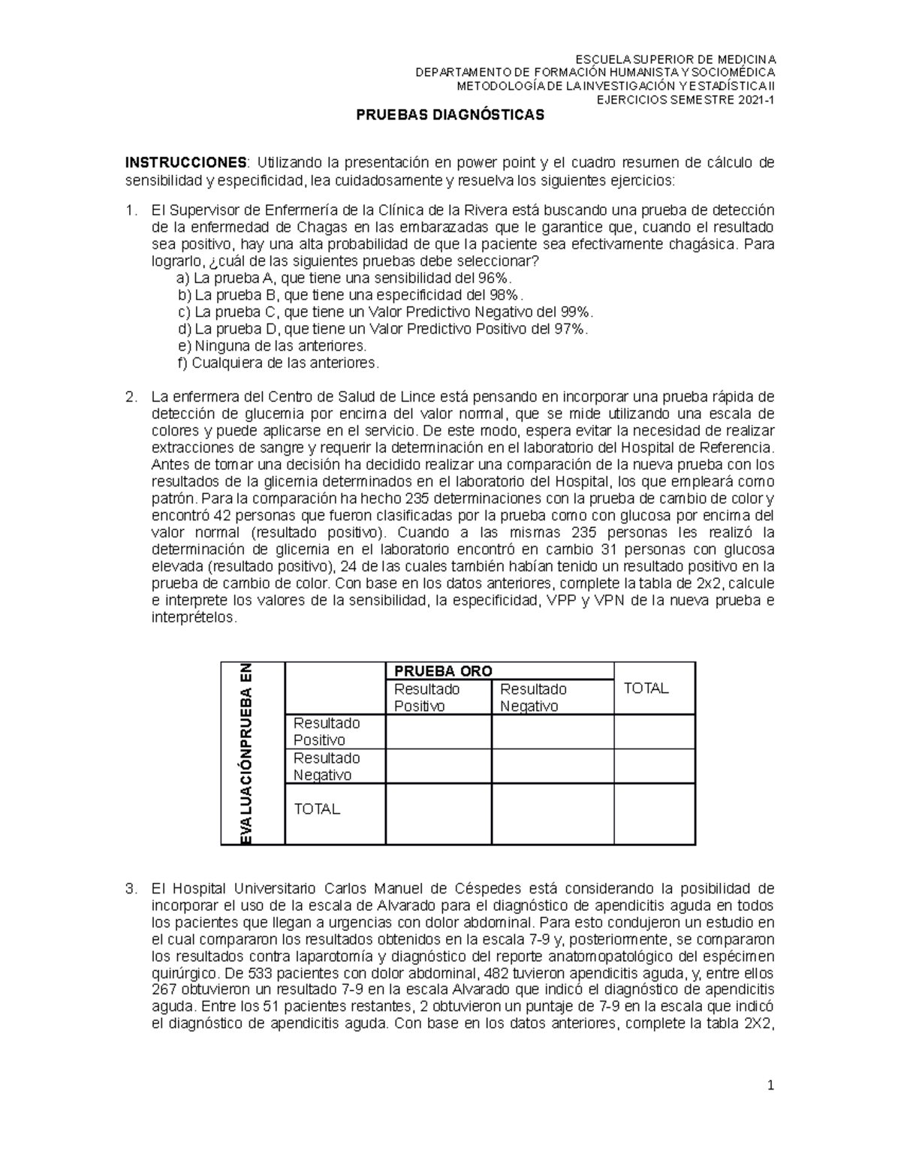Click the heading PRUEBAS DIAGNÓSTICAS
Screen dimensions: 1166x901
449,116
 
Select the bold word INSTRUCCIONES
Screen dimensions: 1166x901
185,164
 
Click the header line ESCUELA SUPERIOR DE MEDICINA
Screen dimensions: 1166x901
675,60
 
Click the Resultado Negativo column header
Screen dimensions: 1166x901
533,697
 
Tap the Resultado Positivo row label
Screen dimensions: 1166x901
327,731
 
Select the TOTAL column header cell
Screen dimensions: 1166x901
646,688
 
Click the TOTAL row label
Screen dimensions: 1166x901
317,809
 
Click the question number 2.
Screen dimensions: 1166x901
131,397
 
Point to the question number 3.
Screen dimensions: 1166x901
131,889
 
